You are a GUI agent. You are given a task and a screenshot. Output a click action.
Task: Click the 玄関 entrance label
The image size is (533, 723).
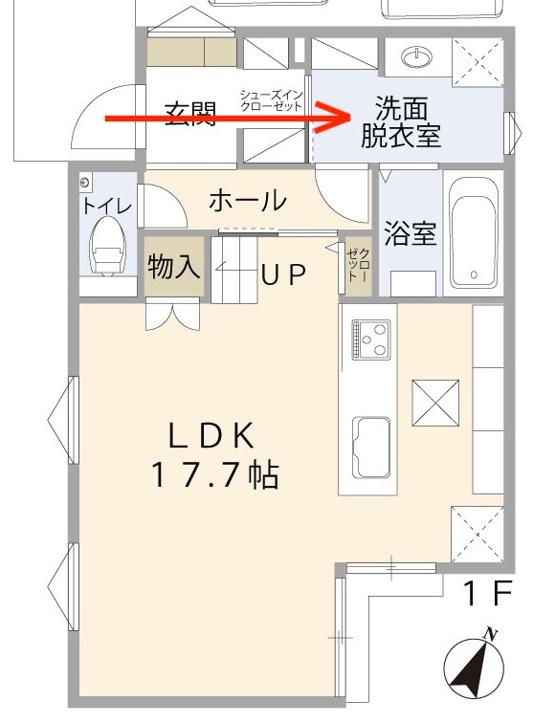189,115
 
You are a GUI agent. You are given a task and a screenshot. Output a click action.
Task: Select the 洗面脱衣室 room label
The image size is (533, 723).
401,122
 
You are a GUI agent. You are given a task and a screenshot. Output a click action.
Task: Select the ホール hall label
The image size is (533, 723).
247,201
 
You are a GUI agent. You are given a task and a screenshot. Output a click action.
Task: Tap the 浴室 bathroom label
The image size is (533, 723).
411,234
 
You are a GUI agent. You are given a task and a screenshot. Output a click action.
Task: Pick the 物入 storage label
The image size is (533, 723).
173,267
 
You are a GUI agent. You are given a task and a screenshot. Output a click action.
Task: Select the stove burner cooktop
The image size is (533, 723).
370,340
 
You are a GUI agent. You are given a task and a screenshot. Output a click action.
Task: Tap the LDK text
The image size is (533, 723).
211,435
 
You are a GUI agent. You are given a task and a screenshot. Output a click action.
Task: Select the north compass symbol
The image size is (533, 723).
477,665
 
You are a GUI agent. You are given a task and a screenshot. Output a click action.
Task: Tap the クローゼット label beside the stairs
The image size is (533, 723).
357,262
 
